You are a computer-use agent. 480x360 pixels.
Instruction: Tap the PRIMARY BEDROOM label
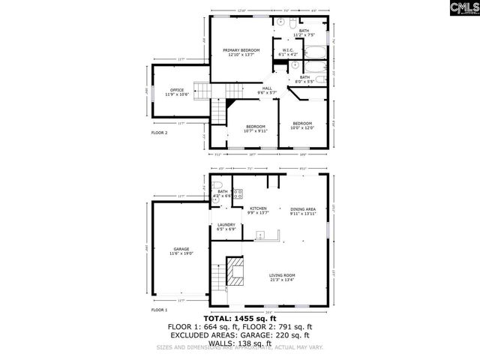[241, 52]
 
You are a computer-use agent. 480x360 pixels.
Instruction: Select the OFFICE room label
[177, 92]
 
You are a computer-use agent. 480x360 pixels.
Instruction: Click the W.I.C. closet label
[288, 52]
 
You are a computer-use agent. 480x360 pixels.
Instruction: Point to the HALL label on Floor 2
[267, 90]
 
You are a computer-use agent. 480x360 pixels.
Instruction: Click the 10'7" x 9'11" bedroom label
[256, 128]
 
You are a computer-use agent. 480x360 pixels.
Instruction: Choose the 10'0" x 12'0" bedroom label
[302, 125]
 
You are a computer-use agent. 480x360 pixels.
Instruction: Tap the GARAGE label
[181, 251]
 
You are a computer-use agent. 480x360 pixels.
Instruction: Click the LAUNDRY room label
[226, 226]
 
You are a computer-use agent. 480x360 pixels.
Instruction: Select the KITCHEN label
[247, 210]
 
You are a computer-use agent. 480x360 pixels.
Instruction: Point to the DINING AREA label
[303, 211]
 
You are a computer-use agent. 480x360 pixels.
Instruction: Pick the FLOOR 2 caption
[159, 133]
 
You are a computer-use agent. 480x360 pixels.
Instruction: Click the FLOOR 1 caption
[159, 310]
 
